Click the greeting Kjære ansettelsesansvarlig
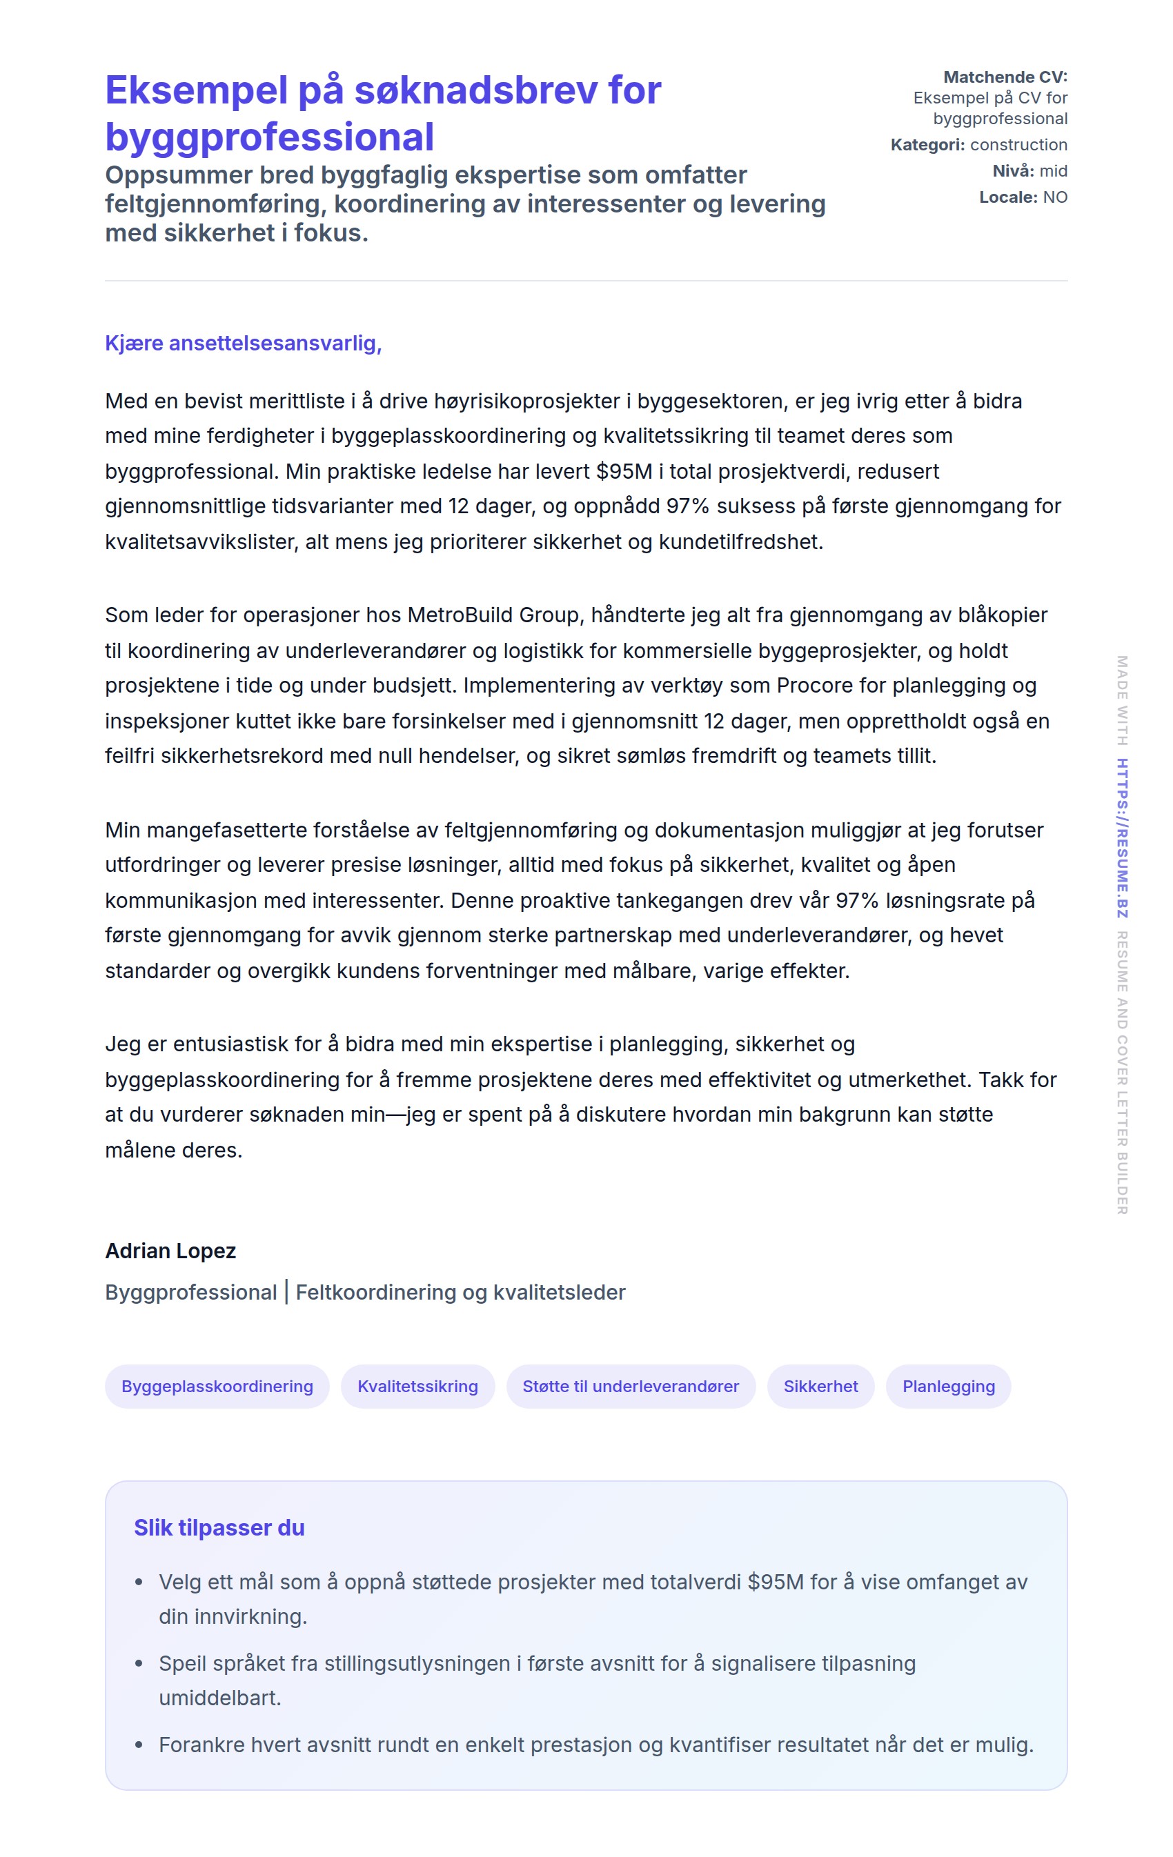click(x=243, y=343)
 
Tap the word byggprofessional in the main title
click(x=269, y=137)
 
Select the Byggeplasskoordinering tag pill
click(x=217, y=1386)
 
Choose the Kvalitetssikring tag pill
click(x=417, y=1386)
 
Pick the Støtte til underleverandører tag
click(x=630, y=1386)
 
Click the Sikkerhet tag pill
click(x=820, y=1386)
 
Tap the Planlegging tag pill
click(x=948, y=1386)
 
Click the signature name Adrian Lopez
click(x=170, y=1250)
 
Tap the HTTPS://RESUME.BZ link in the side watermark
click(x=1122, y=837)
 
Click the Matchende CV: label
click(x=1005, y=77)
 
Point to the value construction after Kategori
click(x=1018, y=145)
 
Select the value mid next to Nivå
click(x=1053, y=171)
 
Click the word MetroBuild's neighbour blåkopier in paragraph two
click(x=1002, y=615)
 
